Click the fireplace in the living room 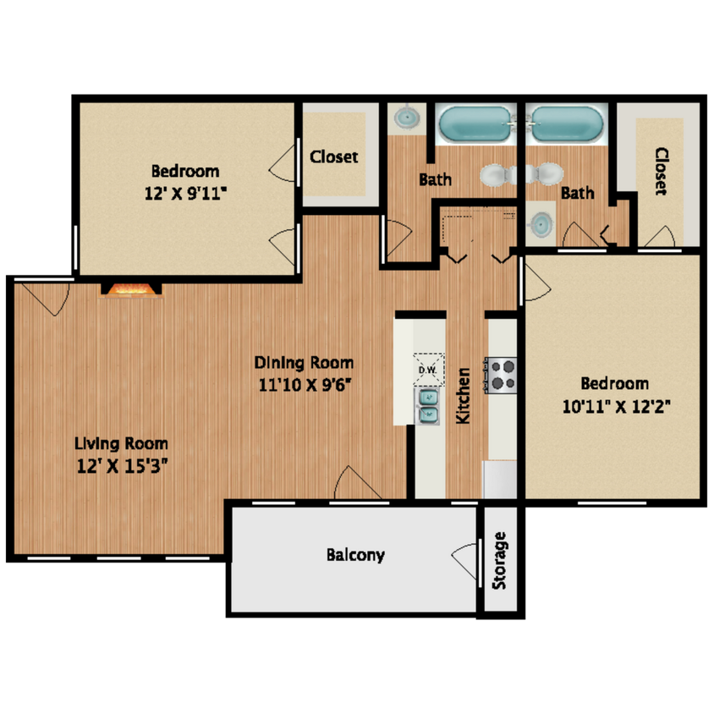point(131,290)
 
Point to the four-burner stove point(501,376)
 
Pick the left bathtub point(475,124)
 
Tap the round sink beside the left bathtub point(409,117)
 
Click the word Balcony point(355,556)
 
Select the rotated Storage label point(500,561)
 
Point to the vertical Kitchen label point(463,396)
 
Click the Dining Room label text point(304,363)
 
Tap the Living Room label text point(121,442)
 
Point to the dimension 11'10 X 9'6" point(304,384)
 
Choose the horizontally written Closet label point(333,157)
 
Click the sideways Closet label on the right point(661,172)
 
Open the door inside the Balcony point(466,561)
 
